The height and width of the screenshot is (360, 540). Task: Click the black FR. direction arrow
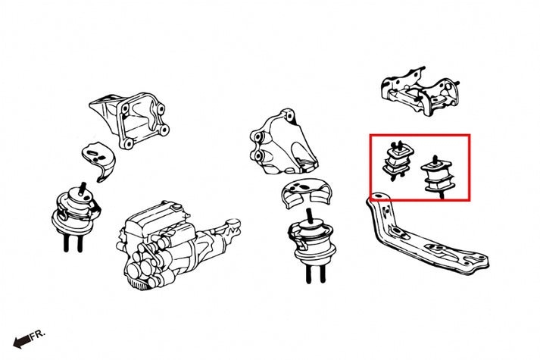pos(22,341)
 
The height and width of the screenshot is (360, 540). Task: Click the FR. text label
pos(38,334)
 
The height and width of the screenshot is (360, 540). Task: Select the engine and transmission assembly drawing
pos(178,245)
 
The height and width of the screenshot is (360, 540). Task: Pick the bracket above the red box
pos(420,92)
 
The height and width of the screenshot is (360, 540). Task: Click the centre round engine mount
pos(313,242)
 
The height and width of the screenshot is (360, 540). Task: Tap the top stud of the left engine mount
pos(82,189)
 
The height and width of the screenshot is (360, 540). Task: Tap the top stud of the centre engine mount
pos(310,216)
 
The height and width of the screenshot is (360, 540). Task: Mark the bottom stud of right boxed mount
pos(441,196)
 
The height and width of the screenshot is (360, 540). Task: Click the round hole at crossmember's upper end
pos(379,196)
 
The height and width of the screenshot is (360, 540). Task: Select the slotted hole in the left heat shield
pos(93,152)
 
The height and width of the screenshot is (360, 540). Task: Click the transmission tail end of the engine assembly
pos(229,227)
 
